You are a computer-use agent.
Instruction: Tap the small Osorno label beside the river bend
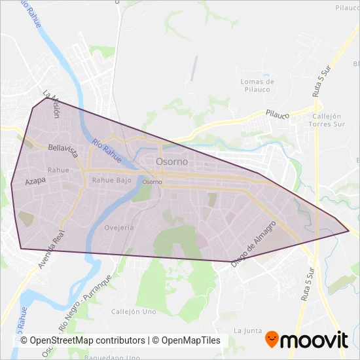pyautogui.click(x=152, y=182)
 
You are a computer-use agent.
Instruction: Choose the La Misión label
pyautogui.click(x=52, y=103)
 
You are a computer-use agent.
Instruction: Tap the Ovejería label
pyautogui.click(x=119, y=227)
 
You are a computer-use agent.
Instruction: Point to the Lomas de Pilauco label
pyautogui.click(x=257, y=85)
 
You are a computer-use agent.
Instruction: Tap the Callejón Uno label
pyautogui.click(x=132, y=312)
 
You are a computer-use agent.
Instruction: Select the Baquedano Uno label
pyautogui.click(x=113, y=357)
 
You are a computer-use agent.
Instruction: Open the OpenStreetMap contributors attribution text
pyautogui.click(x=82, y=340)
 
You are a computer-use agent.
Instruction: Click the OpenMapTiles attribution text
pyautogui.click(x=187, y=340)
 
